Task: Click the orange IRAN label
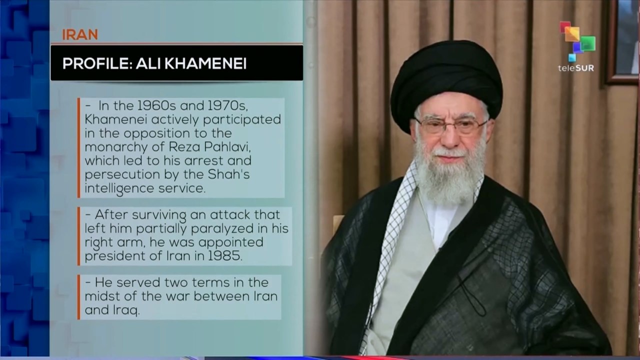pyautogui.click(x=80, y=34)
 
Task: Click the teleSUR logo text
pyautogui.click(x=576, y=68)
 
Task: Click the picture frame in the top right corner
pyautogui.click(x=623, y=40)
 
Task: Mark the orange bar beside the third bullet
pyautogui.click(x=78, y=296)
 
